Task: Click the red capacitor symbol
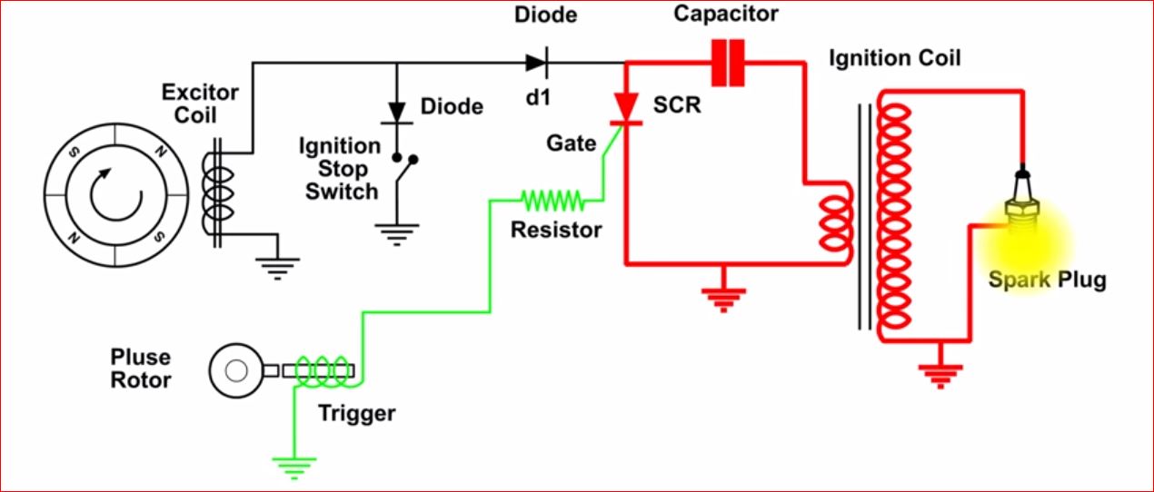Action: [728, 63]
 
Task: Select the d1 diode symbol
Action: [535, 63]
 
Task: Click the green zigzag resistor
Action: [551, 198]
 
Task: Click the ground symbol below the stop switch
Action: [396, 234]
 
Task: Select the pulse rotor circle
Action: [235, 370]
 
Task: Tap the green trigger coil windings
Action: [323, 370]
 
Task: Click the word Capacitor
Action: [726, 15]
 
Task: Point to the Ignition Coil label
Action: [894, 59]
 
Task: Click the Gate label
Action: [572, 143]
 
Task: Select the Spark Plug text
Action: [1048, 279]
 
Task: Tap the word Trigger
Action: [357, 414]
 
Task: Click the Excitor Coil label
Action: [200, 104]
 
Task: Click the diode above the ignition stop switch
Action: [396, 108]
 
